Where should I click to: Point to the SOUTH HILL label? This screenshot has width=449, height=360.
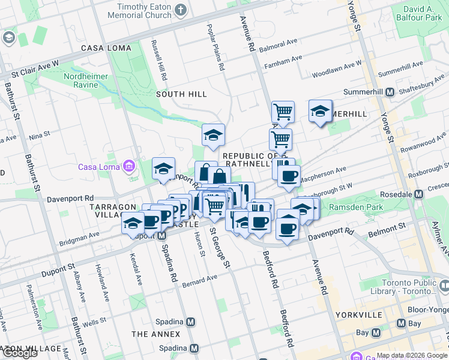click(x=181, y=94)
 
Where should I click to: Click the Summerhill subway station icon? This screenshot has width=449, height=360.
click(x=390, y=92)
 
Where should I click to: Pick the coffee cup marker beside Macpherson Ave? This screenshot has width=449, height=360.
click(x=289, y=176)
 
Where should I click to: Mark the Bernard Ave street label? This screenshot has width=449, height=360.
click(x=200, y=280)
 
